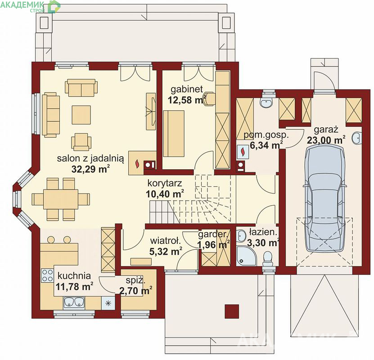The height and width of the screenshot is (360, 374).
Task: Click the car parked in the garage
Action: [326, 198]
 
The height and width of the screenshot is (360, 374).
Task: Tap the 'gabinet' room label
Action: [187, 89]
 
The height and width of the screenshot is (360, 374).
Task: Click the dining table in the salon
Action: [61, 199]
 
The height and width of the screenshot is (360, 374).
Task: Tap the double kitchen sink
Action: [74, 302]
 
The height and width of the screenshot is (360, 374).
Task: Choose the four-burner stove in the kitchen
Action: [47, 275]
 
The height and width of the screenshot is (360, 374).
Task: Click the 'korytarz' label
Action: [165, 183]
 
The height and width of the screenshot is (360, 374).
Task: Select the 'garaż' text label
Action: [326, 130]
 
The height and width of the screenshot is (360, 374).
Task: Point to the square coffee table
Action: [81, 115]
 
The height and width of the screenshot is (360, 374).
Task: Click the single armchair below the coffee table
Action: [81, 142]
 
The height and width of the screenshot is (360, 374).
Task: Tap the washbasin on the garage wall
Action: [356, 138]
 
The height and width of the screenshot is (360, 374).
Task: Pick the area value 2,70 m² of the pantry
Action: [136, 291]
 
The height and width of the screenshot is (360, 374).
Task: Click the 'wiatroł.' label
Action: [166, 241]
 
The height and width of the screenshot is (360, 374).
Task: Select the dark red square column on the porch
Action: [232, 311]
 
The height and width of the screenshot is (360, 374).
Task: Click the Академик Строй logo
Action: [30, 6]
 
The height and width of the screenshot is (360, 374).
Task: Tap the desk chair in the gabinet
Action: [209, 98]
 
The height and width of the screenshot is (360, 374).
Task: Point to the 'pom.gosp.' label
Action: [266, 135]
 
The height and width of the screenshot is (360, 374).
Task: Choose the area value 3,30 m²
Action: [263, 243]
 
